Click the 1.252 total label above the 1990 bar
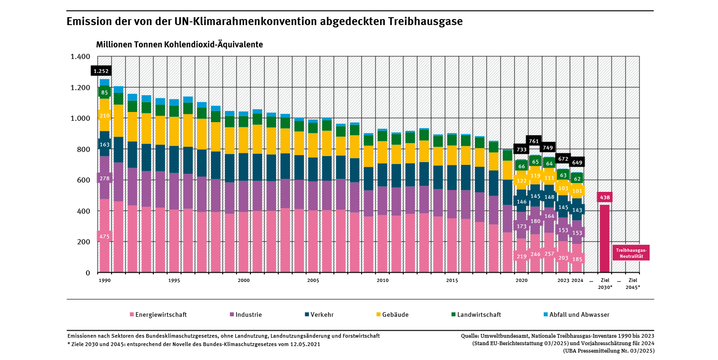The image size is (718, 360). click(x=101, y=71)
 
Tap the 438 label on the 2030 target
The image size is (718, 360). click(x=604, y=197)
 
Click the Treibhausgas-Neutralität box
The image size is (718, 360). click(x=631, y=252)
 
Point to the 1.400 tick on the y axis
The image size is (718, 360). click(x=80, y=57)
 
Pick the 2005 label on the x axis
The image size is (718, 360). click(x=313, y=281)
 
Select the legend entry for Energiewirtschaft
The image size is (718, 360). click(x=161, y=314)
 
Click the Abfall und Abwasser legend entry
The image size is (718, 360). click(x=579, y=314)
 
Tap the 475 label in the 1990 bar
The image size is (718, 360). click(x=105, y=236)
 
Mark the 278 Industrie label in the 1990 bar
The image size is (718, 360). click(x=105, y=178)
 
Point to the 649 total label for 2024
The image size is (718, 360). click(x=577, y=163)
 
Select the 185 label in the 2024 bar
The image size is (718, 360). click(x=577, y=259)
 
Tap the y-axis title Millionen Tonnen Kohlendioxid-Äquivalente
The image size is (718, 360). click(x=179, y=45)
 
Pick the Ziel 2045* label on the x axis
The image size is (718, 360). click(x=632, y=283)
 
